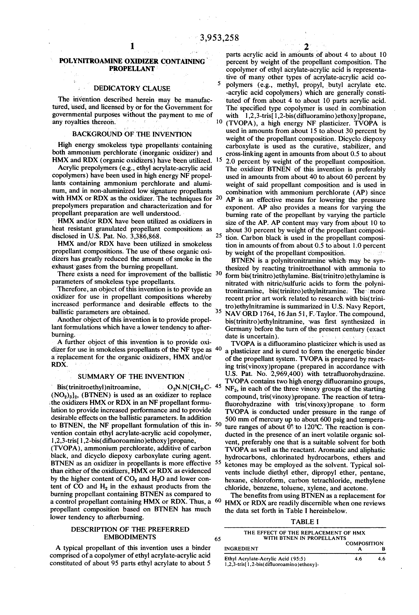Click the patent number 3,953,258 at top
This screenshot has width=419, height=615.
coord(219,38)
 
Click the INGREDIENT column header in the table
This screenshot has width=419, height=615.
coord(241,549)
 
